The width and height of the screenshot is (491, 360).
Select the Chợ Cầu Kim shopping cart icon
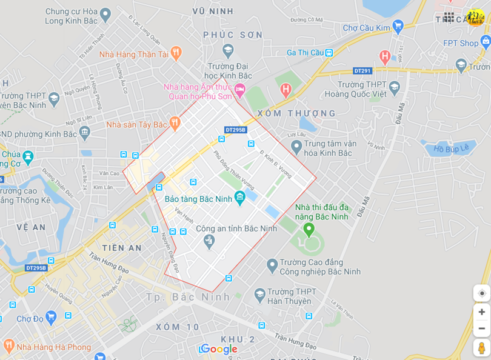point(398,26)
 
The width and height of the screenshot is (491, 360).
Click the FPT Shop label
point(461,43)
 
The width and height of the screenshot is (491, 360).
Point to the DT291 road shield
point(362,71)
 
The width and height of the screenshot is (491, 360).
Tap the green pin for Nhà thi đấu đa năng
point(309,229)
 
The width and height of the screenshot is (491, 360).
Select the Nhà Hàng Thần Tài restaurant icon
point(176,53)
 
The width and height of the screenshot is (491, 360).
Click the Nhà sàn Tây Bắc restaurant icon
point(175,124)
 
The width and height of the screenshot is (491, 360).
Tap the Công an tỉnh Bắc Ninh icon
point(210,241)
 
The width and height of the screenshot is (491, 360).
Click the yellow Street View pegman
point(481,348)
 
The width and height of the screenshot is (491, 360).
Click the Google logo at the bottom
point(219,349)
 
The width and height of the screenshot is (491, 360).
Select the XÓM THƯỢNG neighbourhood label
point(296,113)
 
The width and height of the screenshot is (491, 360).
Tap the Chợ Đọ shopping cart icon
point(52,317)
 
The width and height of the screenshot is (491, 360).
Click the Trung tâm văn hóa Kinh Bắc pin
point(296,147)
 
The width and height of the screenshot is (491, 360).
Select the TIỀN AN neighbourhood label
point(122,248)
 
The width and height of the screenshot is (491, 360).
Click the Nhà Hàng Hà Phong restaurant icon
point(8,347)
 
